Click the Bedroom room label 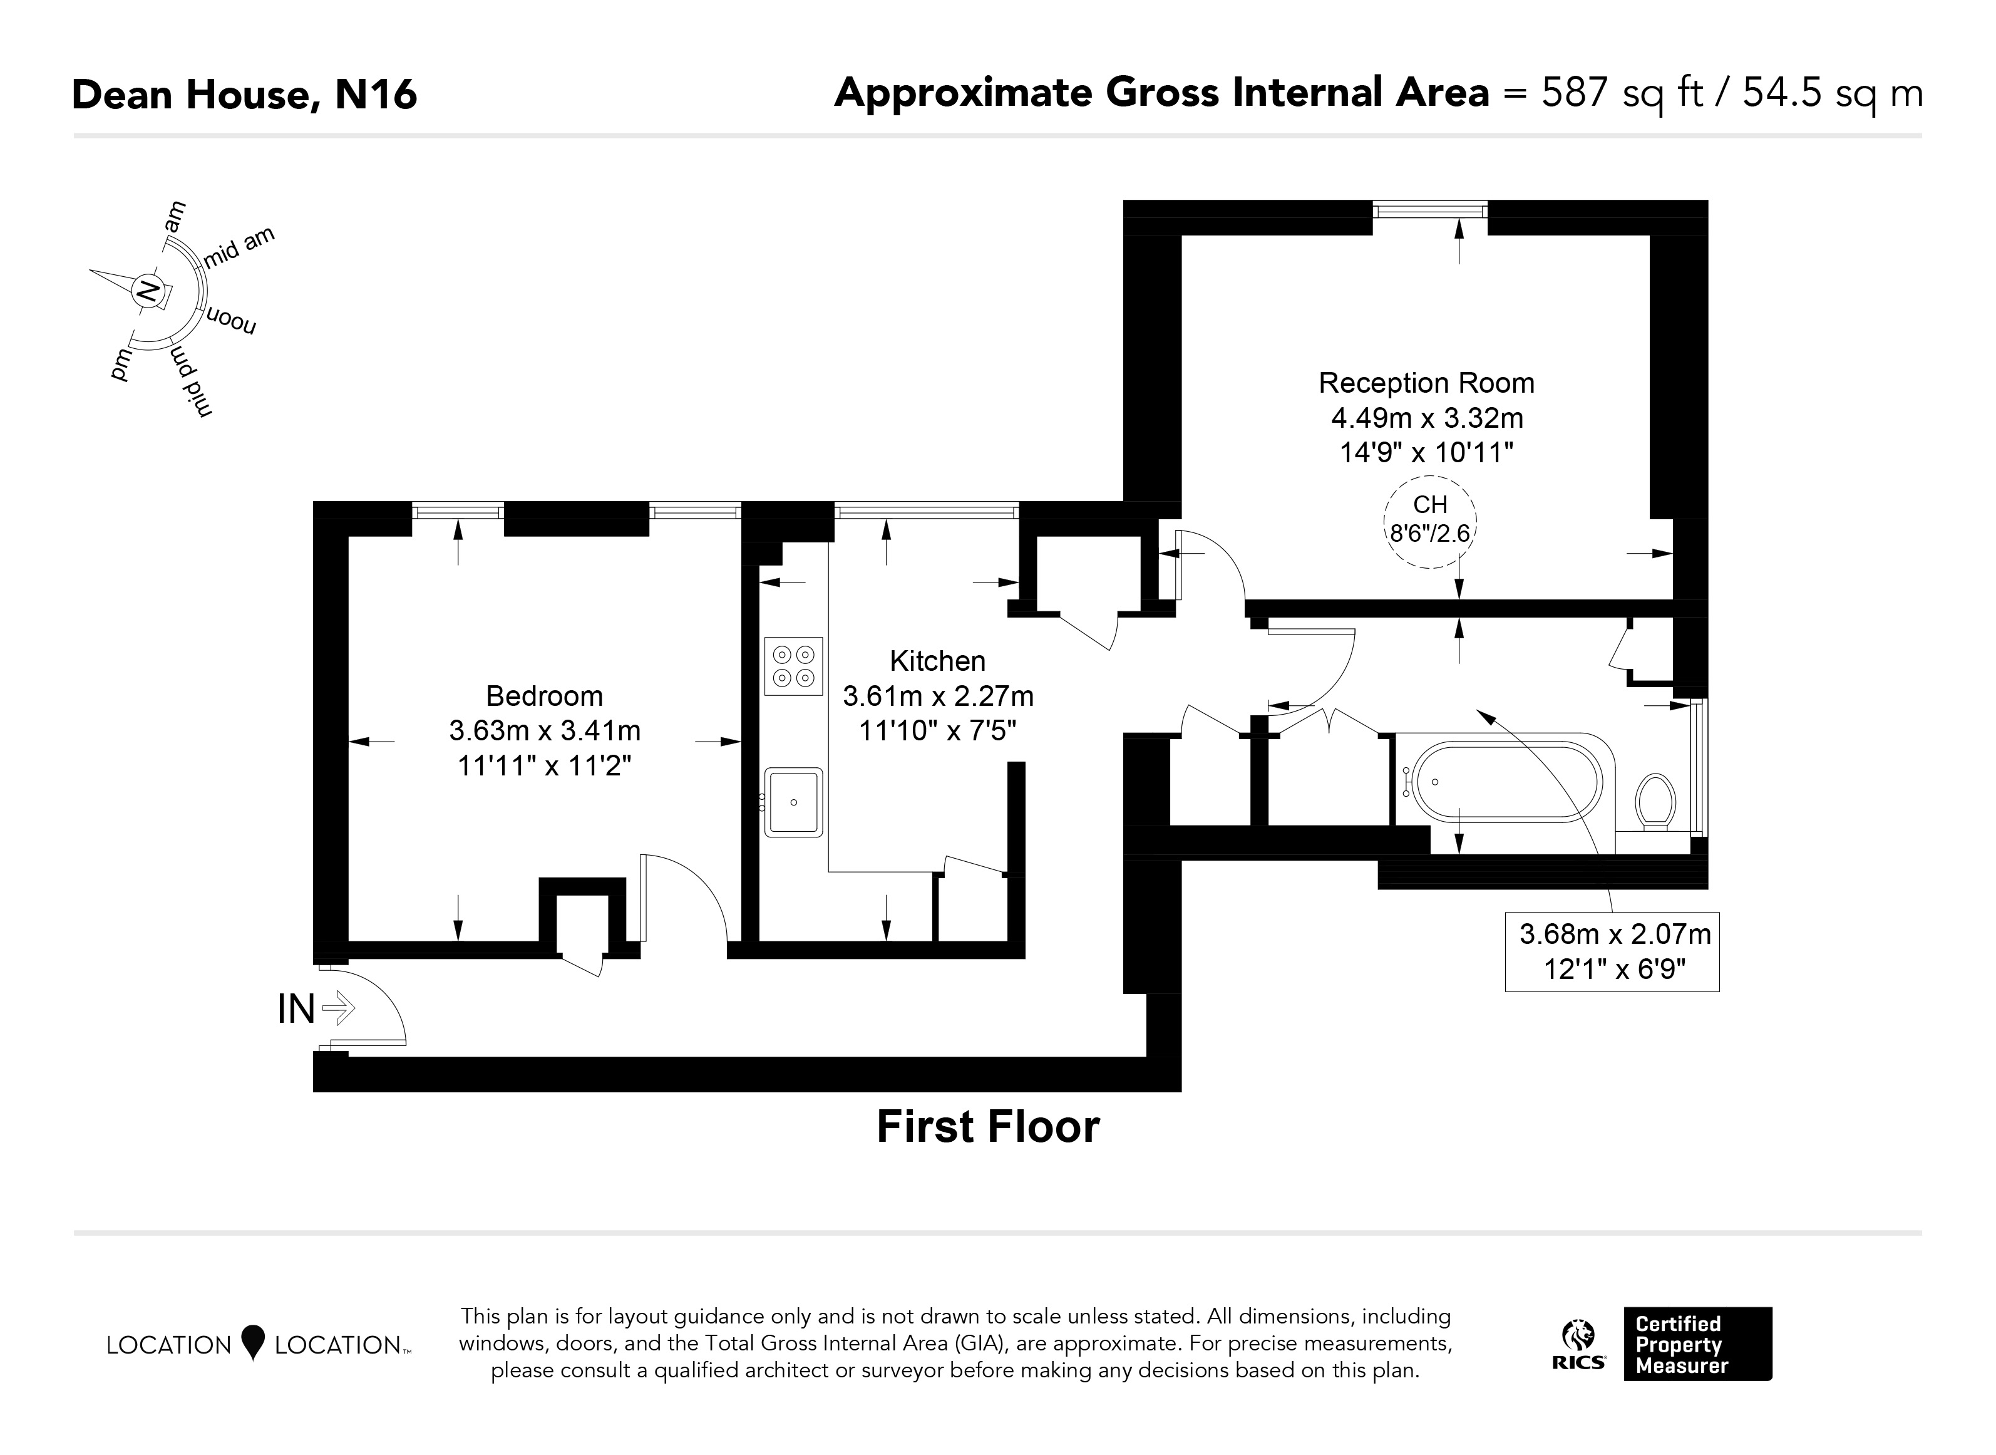[x=544, y=696]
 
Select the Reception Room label [x=1426, y=383]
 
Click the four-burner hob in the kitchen [x=793, y=666]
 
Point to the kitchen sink [x=793, y=802]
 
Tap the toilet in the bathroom [x=1655, y=802]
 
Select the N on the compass [x=148, y=291]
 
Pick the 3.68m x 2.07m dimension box [x=1612, y=952]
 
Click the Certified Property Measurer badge [x=1697, y=1344]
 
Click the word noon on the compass [x=230, y=323]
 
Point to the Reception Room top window [x=1430, y=210]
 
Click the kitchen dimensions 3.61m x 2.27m [x=938, y=696]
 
